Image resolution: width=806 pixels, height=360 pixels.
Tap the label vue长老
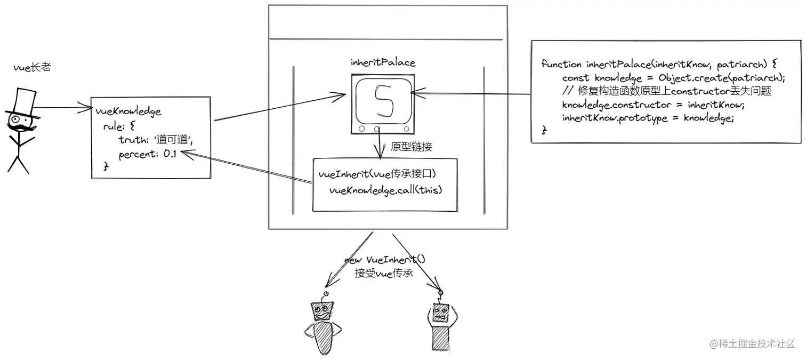[x=32, y=68]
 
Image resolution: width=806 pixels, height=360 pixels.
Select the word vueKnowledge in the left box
[x=128, y=112]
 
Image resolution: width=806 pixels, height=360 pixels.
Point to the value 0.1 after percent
[x=170, y=154]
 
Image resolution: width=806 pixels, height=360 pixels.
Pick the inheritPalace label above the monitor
[x=382, y=63]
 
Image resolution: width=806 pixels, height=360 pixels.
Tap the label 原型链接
[x=411, y=147]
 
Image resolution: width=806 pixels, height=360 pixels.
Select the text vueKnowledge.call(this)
[x=386, y=190]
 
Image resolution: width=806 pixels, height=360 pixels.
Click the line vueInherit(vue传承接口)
[x=381, y=174]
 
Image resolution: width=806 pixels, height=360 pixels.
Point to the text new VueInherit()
[x=385, y=260]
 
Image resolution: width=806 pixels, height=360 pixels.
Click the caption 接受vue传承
[x=384, y=274]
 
